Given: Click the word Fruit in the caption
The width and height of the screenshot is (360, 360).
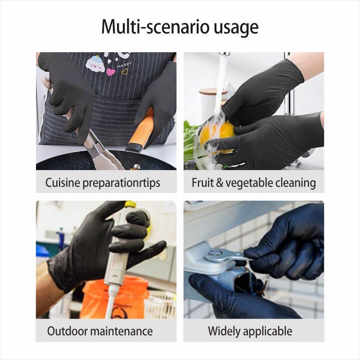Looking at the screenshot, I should pos(202,183).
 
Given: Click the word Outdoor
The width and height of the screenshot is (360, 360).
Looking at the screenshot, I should pos(67,332).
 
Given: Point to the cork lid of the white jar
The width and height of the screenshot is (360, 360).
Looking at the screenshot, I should pos(213,91).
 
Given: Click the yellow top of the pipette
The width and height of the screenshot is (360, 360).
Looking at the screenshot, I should pos(130,205).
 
